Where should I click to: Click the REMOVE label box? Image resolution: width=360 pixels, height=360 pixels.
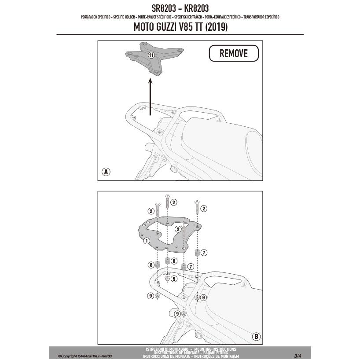tap(233, 54)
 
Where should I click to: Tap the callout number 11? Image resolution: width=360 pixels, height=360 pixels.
tap(151, 55)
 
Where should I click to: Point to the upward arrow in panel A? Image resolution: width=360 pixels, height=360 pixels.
tap(151, 97)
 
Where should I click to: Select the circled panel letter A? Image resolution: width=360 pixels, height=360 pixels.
tap(106, 172)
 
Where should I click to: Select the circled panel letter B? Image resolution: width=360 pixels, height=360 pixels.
tap(256, 337)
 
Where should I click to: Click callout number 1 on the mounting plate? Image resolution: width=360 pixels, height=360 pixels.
tap(147, 240)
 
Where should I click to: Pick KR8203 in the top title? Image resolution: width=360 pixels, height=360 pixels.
tap(196, 8)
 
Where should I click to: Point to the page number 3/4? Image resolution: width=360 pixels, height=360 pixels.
tap(298, 355)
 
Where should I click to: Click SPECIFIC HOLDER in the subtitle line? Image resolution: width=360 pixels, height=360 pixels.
tap(123, 17)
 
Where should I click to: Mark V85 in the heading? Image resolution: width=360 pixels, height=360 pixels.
tap(191, 27)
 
